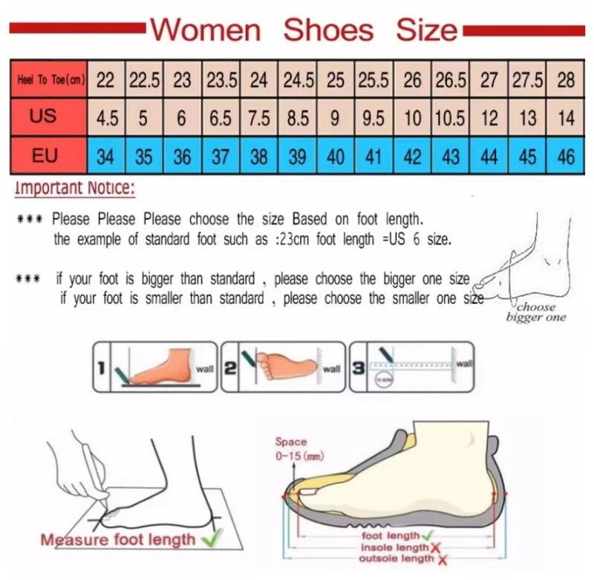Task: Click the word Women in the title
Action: pyautogui.click(x=206, y=30)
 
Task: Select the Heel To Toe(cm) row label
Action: pyautogui.click(x=49, y=80)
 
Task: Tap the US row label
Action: pyautogui.click(x=49, y=117)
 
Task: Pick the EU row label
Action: pyautogui.click(x=49, y=156)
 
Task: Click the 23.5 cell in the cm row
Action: pyautogui.click(x=221, y=80)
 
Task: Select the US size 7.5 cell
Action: pyautogui.click(x=259, y=118)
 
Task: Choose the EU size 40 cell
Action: pyautogui.click(x=336, y=156)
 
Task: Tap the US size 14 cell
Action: pyautogui.click(x=566, y=118)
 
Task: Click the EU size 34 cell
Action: pyautogui.click(x=105, y=156)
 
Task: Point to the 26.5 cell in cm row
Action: pyautogui.click(x=450, y=80)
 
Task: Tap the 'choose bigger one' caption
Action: pyautogui.click(x=536, y=312)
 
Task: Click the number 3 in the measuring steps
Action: pyautogui.click(x=359, y=366)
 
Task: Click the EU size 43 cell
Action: pyautogui.click(x=450, y=156)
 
